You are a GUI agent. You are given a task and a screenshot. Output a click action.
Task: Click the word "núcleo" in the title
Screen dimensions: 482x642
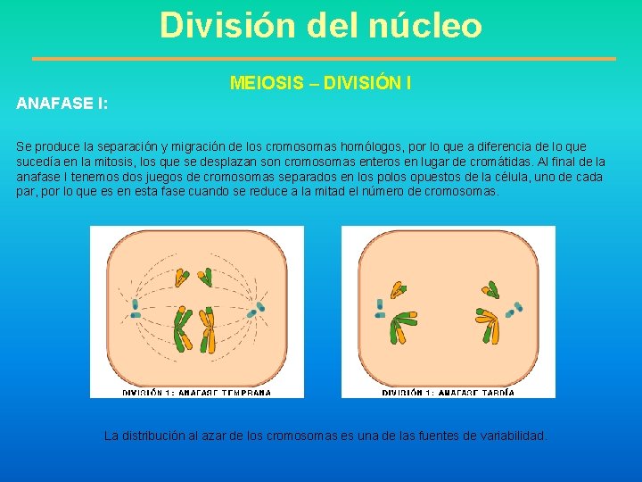click(x=424, y=25)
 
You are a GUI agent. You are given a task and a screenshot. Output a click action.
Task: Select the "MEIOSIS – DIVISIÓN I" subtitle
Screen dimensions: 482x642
click(x=320, y=83)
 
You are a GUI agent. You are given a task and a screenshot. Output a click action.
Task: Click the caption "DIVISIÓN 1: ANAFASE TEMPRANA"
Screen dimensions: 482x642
click(x=196, y=392)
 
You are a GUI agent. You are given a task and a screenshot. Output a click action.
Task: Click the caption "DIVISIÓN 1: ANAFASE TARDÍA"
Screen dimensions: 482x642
click(x=449, y=392)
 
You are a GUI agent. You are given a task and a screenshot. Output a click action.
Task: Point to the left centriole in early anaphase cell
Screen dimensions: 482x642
click(x=136, y=308)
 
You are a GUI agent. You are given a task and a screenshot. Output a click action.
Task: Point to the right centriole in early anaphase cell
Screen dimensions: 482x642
click(x=259, y=308)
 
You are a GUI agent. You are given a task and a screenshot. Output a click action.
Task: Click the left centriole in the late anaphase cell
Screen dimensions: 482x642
click(x=381, y=308)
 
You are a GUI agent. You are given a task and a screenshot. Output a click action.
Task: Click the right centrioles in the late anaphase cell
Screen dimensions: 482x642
click(x=514, y=310)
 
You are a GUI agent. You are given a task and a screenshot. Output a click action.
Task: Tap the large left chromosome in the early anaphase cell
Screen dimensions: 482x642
click(x=182, y=328)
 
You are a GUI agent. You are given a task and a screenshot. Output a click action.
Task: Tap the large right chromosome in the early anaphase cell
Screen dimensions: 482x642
click(x=208, y=328)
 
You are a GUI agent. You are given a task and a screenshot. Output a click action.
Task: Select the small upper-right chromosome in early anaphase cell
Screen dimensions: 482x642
click(x=206, y=278)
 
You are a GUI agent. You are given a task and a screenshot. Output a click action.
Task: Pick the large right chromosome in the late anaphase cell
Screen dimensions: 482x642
click(x=490, y=327)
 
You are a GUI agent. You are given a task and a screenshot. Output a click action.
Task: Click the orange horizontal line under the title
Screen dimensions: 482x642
click(x=324, y=59)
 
